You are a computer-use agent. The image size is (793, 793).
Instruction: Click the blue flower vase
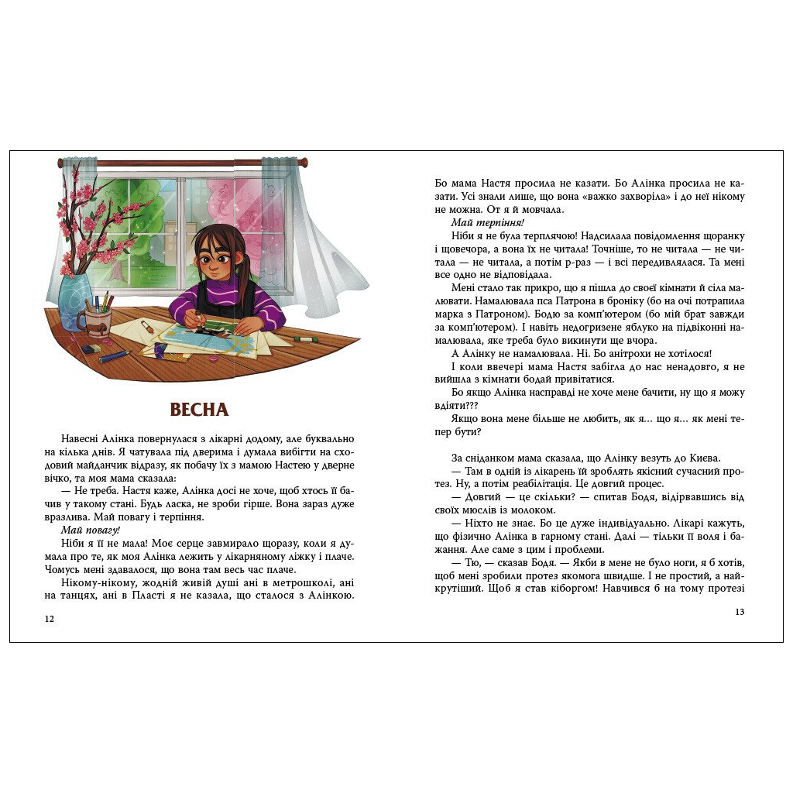tap(79, 297)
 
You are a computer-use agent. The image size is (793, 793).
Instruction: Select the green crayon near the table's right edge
tap(307, 338)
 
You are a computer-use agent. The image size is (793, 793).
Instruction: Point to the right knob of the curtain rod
tap(304, 163)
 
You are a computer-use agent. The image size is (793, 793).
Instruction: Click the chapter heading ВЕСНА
tap(199, 410)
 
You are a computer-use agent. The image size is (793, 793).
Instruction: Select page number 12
tap(50, 619)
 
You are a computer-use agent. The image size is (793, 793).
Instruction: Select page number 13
tap(739, 612)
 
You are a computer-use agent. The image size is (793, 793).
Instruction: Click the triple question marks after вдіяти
tap(468, 405)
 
